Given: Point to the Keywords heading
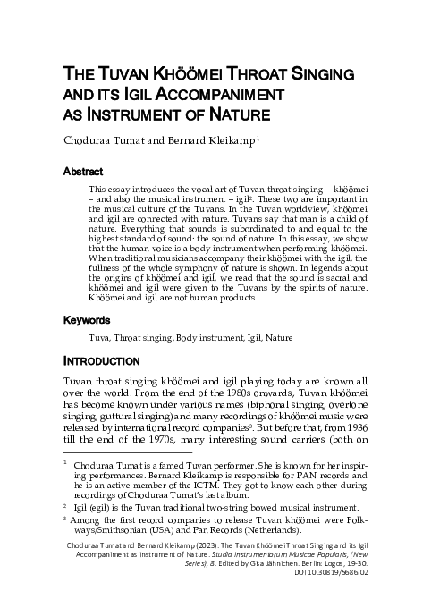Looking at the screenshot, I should click(86, 319).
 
